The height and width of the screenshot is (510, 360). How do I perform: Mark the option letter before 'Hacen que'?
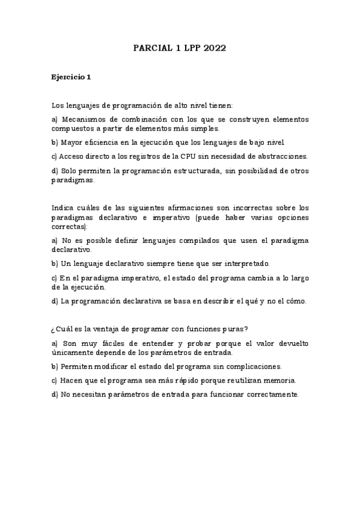tap(55, 380)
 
